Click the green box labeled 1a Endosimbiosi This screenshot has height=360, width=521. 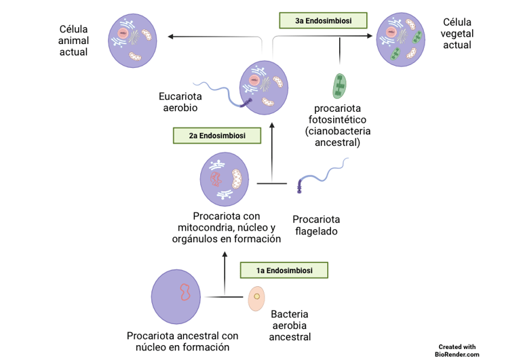(x=284, y=270)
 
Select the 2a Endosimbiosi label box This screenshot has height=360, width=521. (x=216, y=136)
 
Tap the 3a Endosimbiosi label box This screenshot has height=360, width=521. (x=323, y=21)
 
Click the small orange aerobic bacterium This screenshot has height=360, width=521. (x=256, y=298)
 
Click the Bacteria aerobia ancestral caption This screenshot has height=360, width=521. (x=290, y=325)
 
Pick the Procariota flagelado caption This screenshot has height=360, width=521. (x=316, y=225)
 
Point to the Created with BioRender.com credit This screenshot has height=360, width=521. (x=457, y=350)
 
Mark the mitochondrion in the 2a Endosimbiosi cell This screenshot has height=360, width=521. (x=237, y=178)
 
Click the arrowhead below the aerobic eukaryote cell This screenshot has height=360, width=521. (x=271, y=125)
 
